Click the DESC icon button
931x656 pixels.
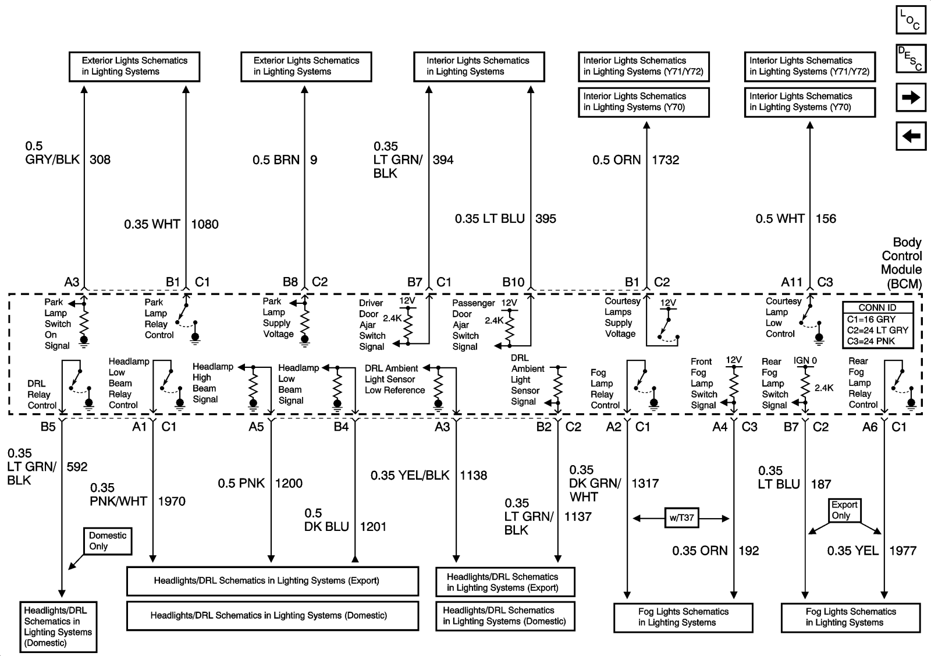pyautogui.click(x=911, y=59)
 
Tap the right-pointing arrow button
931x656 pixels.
pyautogui.click(x=911, y=97)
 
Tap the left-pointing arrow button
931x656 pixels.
pyautogui.click(x=911, y=136)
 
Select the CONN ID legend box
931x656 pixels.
pyautogui.click(x=877, y=325)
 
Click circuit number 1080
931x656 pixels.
pyautogui.click(x=205, y=224)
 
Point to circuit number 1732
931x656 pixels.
pyautogui.click(x=665, y=160)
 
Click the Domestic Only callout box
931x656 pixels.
pyautogui.click(x=108, y=541)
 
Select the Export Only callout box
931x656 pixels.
pyautogui.click(x=844, y=510)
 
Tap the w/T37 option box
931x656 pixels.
pyautogui.click(x=681, y=518)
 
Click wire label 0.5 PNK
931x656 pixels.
pyautogui.click(x=241, y=483)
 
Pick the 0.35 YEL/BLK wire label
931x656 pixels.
pyautogui.click(x=410, y=476)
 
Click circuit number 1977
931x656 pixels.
pyautogui.click(x=902, y=551)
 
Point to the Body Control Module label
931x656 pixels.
pyautogui.click(x=901, y=263)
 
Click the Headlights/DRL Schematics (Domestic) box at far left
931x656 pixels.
pyautogui.click(x=58, y=626)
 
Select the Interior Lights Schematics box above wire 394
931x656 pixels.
pyautogui.click(x=479, y=66)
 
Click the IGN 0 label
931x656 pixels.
pyautogui.click(x=805, y=361)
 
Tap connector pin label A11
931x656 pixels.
pyautogui.click(x=791, y=282)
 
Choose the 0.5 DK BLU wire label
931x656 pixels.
pyautogui.click(x=326, y=520)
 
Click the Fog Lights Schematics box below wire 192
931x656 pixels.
pyautogui.click(x=683, y=617)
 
